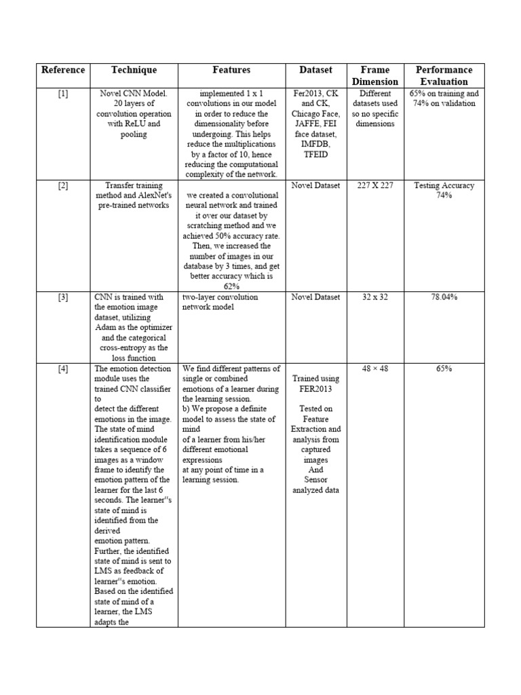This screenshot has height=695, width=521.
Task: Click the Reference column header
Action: [63, 70]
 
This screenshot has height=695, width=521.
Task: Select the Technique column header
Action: [134, 70]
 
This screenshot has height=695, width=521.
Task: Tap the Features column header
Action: [231, 70]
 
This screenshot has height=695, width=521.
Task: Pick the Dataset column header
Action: [316, 70]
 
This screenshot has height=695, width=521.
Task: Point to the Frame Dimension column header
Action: [375, 75]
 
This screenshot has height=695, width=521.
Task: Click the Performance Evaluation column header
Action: [444, 75]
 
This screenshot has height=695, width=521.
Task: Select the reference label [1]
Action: [63, 94]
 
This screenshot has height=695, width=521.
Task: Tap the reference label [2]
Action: [63, 186]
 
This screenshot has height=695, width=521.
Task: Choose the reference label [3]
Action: [63, 297]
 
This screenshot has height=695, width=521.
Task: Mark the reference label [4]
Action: [63, 369]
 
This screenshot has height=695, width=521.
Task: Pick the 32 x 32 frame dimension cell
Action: [375, 297]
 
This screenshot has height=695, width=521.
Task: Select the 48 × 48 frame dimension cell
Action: [375, 369]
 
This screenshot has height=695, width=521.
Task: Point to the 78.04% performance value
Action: [444, 297]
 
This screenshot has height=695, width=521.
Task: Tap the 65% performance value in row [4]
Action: [444, 369]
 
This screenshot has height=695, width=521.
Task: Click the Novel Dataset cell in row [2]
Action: [316, 186]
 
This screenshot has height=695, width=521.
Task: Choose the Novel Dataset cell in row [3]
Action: [316, 297]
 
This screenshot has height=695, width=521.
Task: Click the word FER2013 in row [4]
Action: [316, 389]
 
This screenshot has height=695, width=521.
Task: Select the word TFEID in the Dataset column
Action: [316, 155]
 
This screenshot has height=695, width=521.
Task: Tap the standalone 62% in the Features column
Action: [231, 287]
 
